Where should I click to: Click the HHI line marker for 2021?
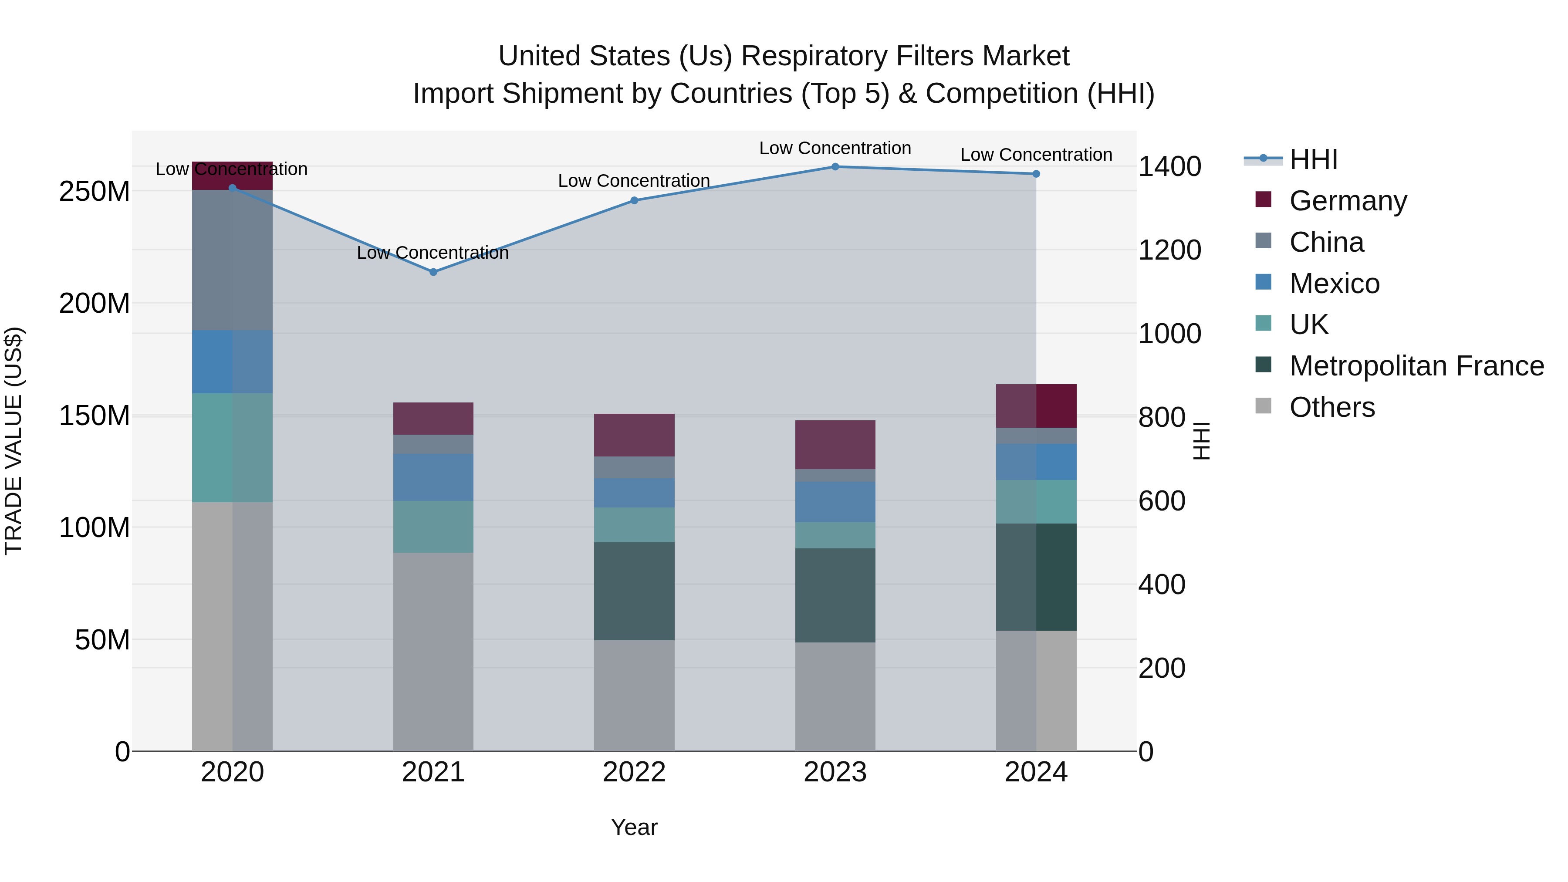click(433, 272)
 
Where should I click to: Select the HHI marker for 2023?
click(835, 167)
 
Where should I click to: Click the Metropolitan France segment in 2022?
click(634, 591)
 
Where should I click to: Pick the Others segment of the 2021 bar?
click(433, 651)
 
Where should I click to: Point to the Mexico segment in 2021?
click(433, 477)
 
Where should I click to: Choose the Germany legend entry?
click(1348, 201)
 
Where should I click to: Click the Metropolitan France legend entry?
click(1416, 366)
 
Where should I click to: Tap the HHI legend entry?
click(1313, 159)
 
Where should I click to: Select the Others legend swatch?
click(1263, 406)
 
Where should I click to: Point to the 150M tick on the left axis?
click(95, 416)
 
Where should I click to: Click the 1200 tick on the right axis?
click(1169, 250)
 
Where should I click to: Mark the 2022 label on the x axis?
click(634, 772)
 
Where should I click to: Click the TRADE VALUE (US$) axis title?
click(14, 441)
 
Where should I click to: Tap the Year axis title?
click(634, 827)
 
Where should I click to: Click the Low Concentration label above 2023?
click(835, 148)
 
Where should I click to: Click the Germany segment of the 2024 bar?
click(1036, 406)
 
